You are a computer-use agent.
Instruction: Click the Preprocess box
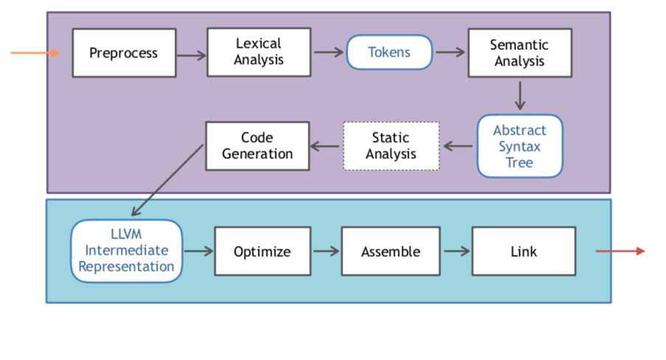[124, 53]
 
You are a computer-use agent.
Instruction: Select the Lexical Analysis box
[259, 52]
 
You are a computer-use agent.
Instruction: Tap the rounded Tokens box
[389, 53]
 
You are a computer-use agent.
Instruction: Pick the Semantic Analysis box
[519, 53]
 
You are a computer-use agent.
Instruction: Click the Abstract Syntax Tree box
[519, 146]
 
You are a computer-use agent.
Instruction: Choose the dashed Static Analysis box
[390, 146]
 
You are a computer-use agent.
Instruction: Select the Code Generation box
[257, 146]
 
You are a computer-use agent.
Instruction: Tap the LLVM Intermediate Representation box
[126, 250]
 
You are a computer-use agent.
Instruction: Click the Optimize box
[262, 252]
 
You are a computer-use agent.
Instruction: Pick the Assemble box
[390, 252]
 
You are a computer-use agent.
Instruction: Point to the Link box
[523, 252]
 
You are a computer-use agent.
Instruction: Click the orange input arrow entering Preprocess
[35, 53]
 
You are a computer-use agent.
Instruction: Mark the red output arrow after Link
[620, 252]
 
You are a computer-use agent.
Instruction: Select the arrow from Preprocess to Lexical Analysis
[192, 54]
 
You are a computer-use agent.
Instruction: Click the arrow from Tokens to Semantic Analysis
[450, 52]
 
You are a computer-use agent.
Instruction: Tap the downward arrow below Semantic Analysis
[520, 95]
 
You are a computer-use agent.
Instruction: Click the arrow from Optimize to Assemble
[326, 251]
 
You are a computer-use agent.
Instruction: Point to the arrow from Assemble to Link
[456, 251]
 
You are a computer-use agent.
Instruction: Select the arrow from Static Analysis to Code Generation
[326, 146]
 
